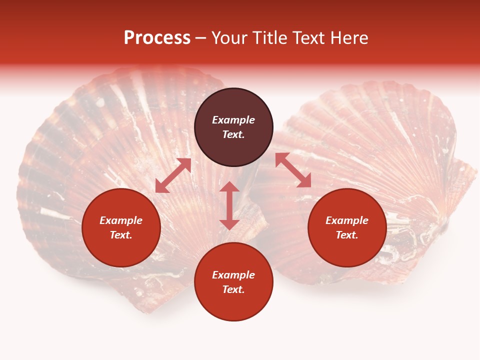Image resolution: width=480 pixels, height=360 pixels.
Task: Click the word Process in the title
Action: click(x=157, y=38)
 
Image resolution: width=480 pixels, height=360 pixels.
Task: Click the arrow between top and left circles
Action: click(x=173, y=175)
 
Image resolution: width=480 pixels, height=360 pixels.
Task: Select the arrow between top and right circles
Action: click(x=293, y=170)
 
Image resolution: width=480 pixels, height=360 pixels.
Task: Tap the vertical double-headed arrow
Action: click(x=229, y=205)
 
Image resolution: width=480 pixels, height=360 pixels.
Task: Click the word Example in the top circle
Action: click(x=233, y=120)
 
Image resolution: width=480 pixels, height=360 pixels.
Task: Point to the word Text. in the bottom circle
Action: click(x=233, y=289)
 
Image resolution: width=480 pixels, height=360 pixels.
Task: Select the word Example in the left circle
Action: click(x=121, y=220)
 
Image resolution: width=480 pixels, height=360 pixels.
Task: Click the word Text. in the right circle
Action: click(x=347, y=235)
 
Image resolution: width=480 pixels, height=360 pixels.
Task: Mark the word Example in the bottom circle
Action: click(x=233, y=275)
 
